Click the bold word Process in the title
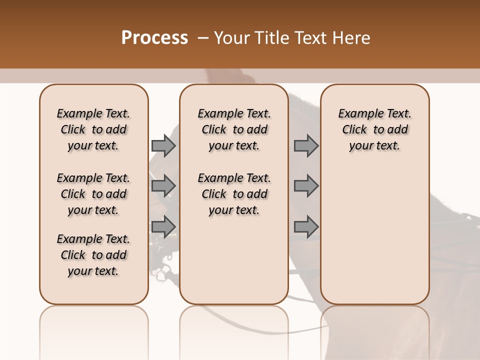154,38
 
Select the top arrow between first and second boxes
163,145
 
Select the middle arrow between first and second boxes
163,186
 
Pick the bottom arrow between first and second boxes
163,226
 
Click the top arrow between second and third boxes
306,145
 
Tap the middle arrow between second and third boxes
306,186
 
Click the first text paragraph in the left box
93,129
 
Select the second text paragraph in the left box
93,194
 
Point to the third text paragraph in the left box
93,255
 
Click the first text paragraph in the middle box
234,129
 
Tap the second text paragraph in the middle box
234,194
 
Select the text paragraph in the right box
374,129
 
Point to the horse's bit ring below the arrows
161,273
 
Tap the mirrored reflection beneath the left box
93,325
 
